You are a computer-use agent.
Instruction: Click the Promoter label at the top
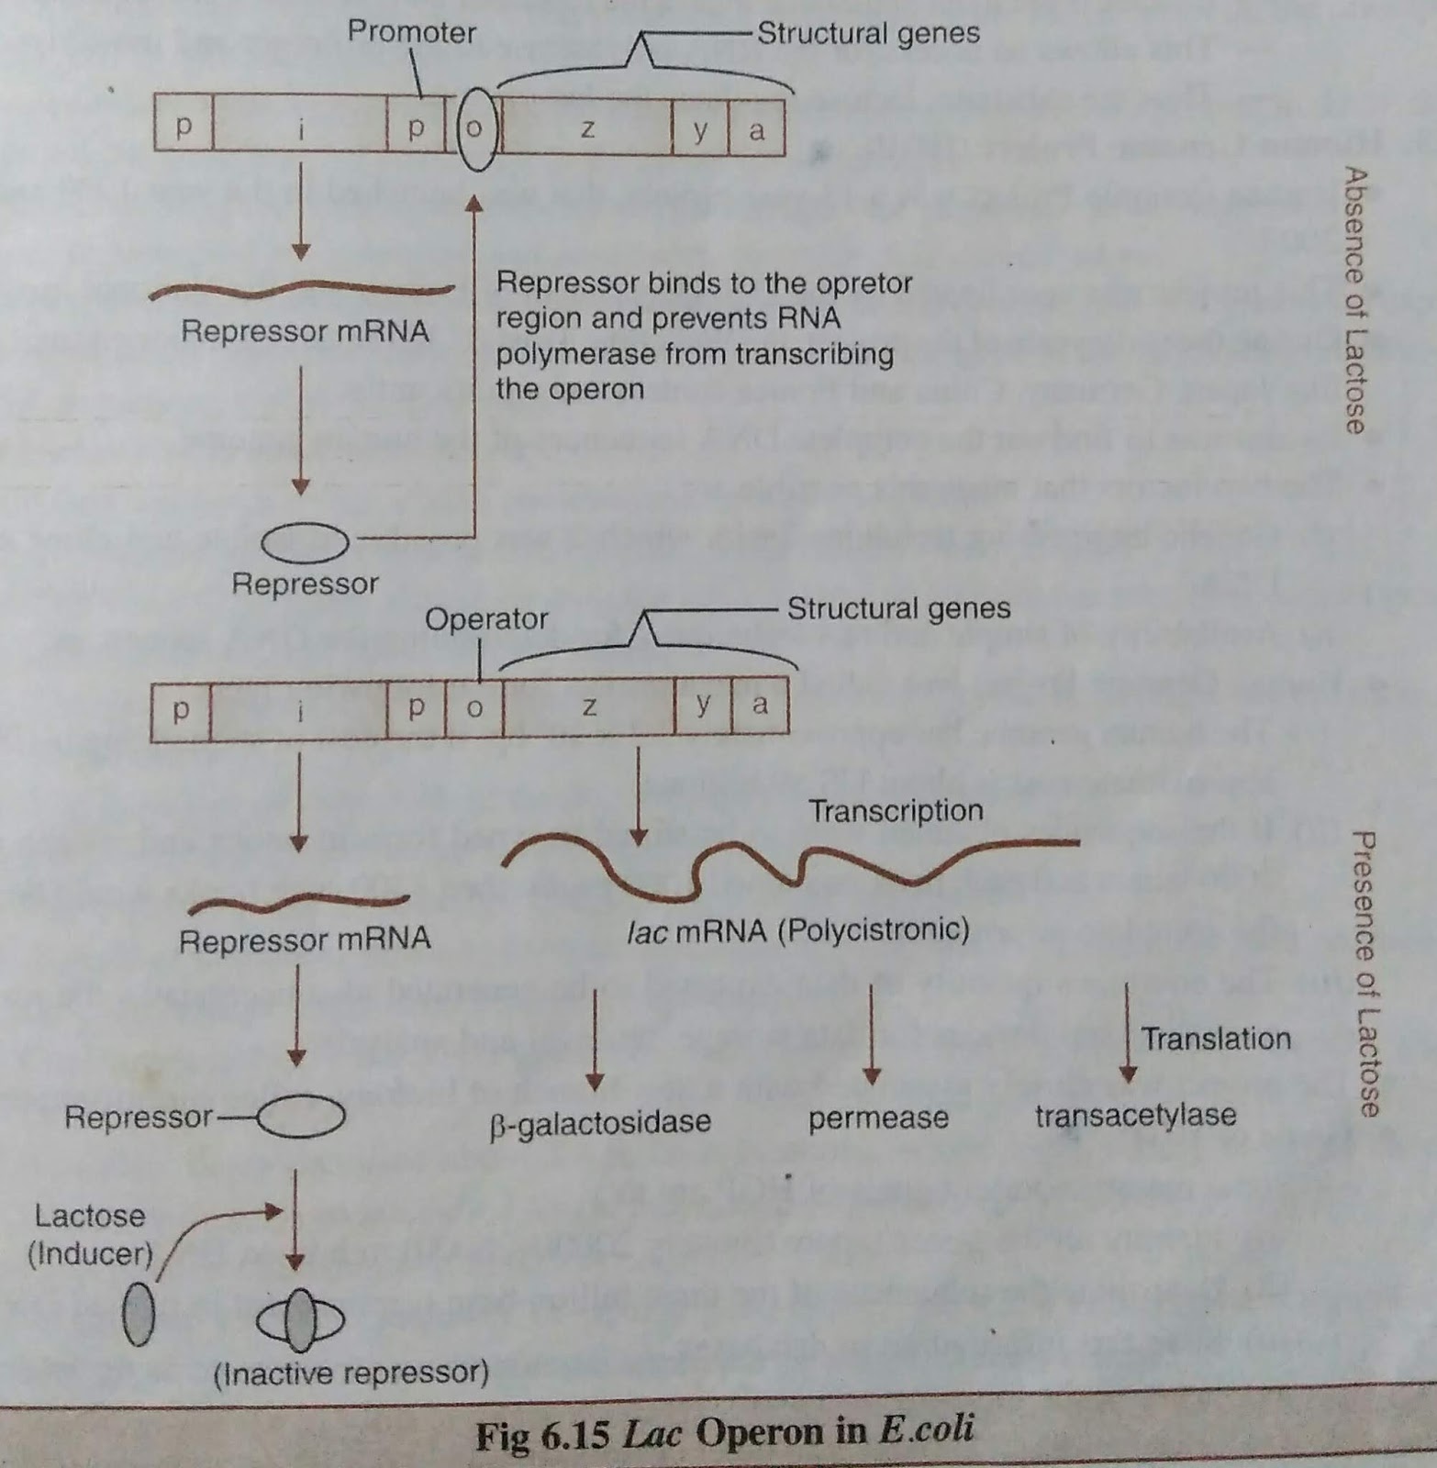[x=411, y=33]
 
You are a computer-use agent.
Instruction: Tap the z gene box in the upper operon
[x=587, y=128]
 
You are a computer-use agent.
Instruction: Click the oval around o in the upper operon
[x=476, y=128]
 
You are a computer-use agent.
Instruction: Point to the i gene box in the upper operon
[x=300, y=128]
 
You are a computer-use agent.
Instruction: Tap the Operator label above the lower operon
[x=485, y=619]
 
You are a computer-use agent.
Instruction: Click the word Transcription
[x=895, y=811]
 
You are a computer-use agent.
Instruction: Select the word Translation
[x=1216, y=1039]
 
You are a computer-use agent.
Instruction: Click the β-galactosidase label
[x=601, y=1121]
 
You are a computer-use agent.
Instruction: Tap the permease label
[x=878, y=1118]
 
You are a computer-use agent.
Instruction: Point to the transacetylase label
[x=1135, y=1116]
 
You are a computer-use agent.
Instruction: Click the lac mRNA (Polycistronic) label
[x=798, y=931]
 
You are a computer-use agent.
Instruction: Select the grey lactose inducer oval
[x=139, y=1314]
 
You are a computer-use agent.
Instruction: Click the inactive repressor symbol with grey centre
[x=300, y=1321]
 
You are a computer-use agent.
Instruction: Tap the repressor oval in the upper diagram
[x=305, y=542]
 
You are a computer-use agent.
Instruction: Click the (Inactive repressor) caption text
[x=351, y=1373]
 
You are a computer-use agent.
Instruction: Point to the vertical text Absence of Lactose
[x=1354, y=300]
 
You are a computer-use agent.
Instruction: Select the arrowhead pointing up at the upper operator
[x=474, y=203]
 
